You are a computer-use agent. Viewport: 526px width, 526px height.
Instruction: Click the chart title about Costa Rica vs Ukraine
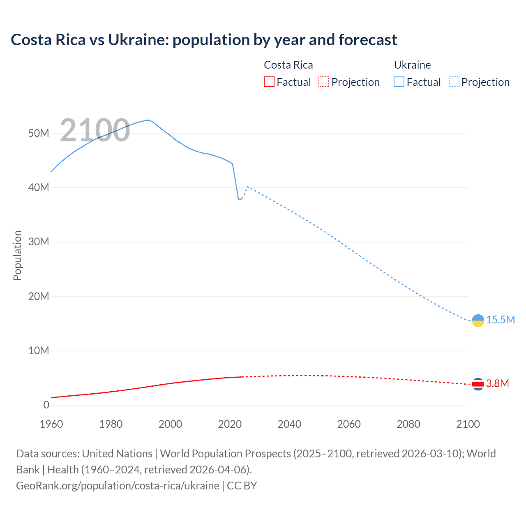tap(204, 40)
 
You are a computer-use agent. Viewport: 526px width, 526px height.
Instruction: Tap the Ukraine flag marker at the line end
tap(478, 321)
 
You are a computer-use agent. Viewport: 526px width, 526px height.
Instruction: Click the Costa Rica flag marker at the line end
tap(478, 384)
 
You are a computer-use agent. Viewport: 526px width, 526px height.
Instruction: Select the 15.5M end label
tap(501, 320)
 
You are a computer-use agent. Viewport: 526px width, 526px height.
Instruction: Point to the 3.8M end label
tap(498, 383)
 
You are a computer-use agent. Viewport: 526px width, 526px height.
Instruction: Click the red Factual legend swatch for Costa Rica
tap(269, 82)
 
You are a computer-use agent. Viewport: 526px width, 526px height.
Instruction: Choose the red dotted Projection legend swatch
tap(324, 82)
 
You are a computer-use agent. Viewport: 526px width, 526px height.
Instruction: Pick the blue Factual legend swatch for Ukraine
tap(399, 82)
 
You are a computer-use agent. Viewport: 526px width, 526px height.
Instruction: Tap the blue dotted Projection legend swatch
tap(454, 82)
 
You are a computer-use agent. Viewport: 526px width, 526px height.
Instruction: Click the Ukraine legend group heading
tap(412, 65)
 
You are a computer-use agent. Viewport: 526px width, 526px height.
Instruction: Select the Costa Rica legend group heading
tap(288, 65)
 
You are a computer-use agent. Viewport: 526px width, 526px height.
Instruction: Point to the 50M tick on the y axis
tap(39, 133)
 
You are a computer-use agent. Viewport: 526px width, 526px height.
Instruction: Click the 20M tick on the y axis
tap(39, 296)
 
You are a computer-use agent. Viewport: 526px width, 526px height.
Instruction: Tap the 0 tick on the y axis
tap(46, 405)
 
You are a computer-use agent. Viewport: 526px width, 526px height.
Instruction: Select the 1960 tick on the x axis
tap(51, 424)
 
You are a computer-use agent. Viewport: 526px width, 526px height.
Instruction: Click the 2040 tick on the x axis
tap(289, 424)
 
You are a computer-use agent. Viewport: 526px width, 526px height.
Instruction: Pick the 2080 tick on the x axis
tap(408, 424)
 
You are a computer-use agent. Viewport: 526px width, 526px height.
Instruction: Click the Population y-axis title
tap(17, 255)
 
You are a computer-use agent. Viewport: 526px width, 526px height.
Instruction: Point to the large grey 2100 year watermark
tap(95, 130)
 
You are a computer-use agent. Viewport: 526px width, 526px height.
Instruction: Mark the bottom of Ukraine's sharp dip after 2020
tap(238, 199)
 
